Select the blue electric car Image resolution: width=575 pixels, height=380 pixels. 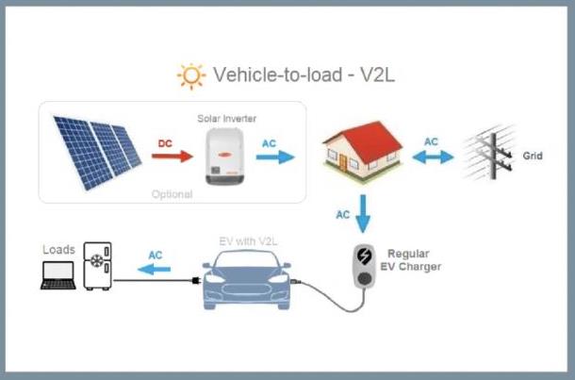(x=244, y=284)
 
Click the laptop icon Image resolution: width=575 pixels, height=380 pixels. (x=59, y=275)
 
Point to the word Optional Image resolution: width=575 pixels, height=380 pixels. (x=172, y=194)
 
